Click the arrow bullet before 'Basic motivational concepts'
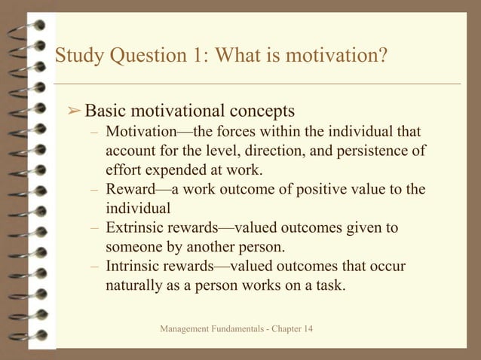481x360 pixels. [x=74, y=111]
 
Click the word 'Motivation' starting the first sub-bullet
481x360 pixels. [x=140, y=131]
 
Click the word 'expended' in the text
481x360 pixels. [x=173, y=169]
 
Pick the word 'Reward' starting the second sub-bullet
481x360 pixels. [x=130, y=188]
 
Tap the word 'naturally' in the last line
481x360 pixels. [x=134, y=285]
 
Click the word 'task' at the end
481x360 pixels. [x=331, y=285]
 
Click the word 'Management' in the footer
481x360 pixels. [x=185, y=331]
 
